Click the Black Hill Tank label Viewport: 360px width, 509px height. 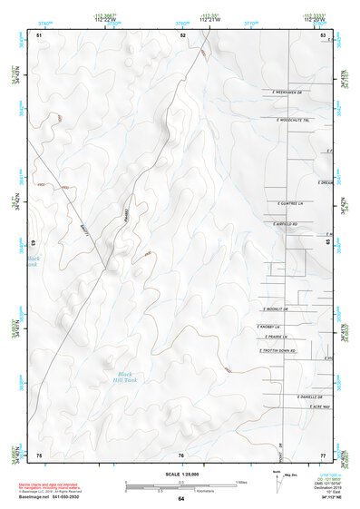(125, 377)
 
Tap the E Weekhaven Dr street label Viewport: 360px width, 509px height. (290, 92)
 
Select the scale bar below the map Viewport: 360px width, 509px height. (180, 487)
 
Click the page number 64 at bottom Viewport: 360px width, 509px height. (180, 499)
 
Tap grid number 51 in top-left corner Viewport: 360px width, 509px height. (39, 34)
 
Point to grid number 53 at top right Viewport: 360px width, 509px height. (323, 34)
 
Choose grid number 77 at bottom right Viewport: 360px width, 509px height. (322, 454)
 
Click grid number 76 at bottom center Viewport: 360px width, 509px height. (180, 455)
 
